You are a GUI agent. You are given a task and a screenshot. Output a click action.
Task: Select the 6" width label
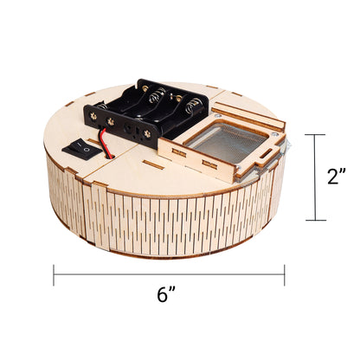pyautogui.click(x=167, y=296)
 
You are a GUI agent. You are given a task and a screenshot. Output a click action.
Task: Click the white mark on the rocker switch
pyautogui.click(x=84, y=150)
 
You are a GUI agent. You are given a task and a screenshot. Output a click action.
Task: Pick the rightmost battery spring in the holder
pyautogui.click(x=197, y=107)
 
